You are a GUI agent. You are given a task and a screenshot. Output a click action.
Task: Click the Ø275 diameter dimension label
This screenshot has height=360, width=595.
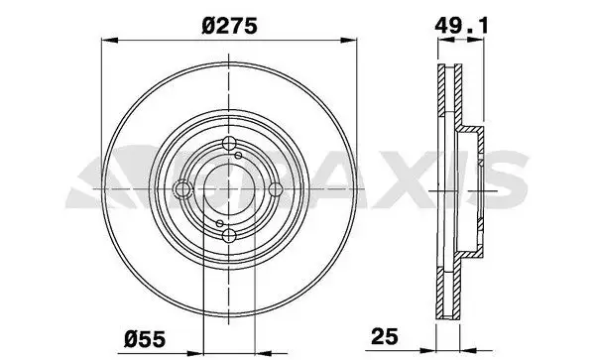(x=230, y=26)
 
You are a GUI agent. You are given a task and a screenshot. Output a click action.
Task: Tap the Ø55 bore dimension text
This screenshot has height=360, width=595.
(x=145, y=339)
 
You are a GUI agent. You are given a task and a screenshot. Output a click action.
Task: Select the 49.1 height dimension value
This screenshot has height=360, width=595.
(x=461, y=26)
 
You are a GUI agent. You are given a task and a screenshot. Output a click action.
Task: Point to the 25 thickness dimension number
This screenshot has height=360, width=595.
(x=385, y=336)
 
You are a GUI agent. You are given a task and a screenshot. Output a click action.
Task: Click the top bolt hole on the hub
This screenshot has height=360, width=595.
(x=229, y=144)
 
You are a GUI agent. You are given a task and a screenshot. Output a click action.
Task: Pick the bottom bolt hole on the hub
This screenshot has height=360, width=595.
(x=229, y=235)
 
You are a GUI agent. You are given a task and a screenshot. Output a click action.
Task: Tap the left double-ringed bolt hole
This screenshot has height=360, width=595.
(x=182, y=188)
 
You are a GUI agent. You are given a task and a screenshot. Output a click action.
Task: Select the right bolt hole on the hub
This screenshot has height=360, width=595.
(x=275, y=188)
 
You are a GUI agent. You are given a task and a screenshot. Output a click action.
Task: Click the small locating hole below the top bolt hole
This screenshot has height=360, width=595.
(x=238, y=155)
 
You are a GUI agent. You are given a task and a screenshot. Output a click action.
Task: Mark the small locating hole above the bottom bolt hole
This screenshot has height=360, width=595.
(x=220, y=223)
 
